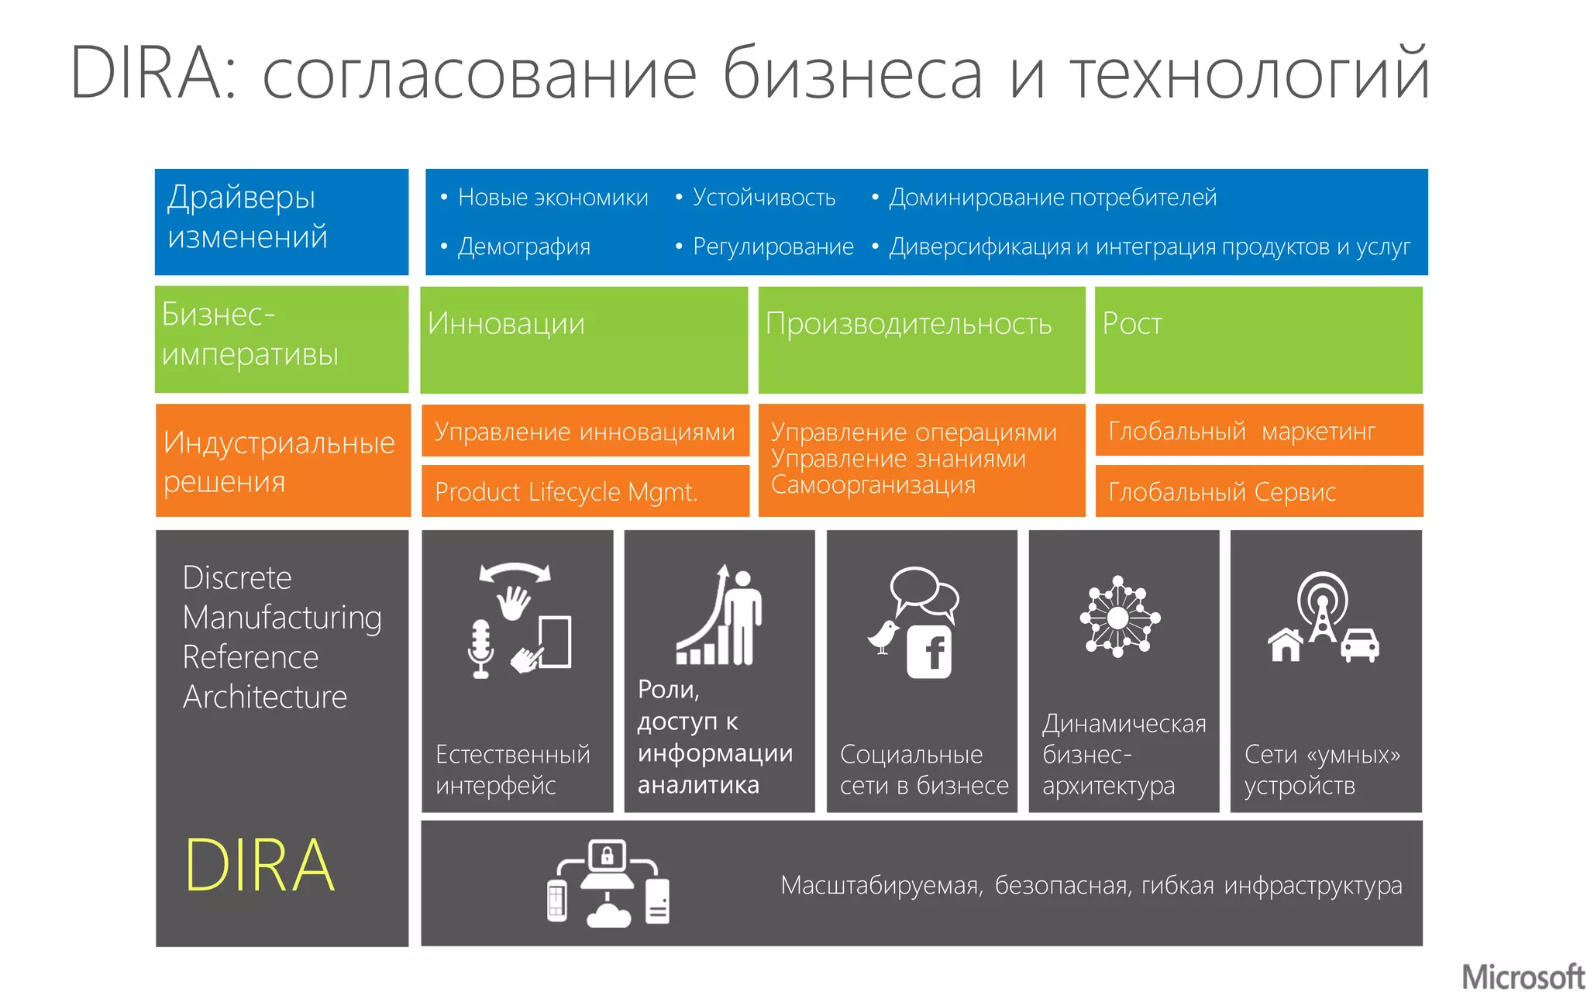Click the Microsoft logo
pyautogui.click(x=1522, y=976)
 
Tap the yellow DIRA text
pyautogui.click(x=260, y=866)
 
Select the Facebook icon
pyautogui.click(x=930, y=652)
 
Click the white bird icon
pyautogui.click(x=883, y=636)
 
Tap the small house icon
pyautogui.click(x=1286, y=645)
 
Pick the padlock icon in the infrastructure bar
pyautogui.click(x=607, y=856)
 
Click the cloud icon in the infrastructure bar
pyautogui.click(x=609, y=914)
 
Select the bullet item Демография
pyautogui.click(x=524, y=246)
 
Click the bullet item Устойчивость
pyautogui.click(x=763, y=198)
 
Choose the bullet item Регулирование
pyautogui.click(x=773, y=246)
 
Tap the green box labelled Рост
pyautogui.click(x=1258, y=339)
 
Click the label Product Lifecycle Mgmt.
pyautogui.click(x=566, y=491)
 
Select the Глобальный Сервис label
pyautogui.click(x=1222, y=491)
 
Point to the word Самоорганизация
pyautogui.click(x=873, y=485)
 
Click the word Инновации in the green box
pyautogui.click(x=506, y=323)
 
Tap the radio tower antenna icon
pyautogui.click(x=1322, y=608)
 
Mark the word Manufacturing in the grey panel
pyautogui.click(x=282, y=618)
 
